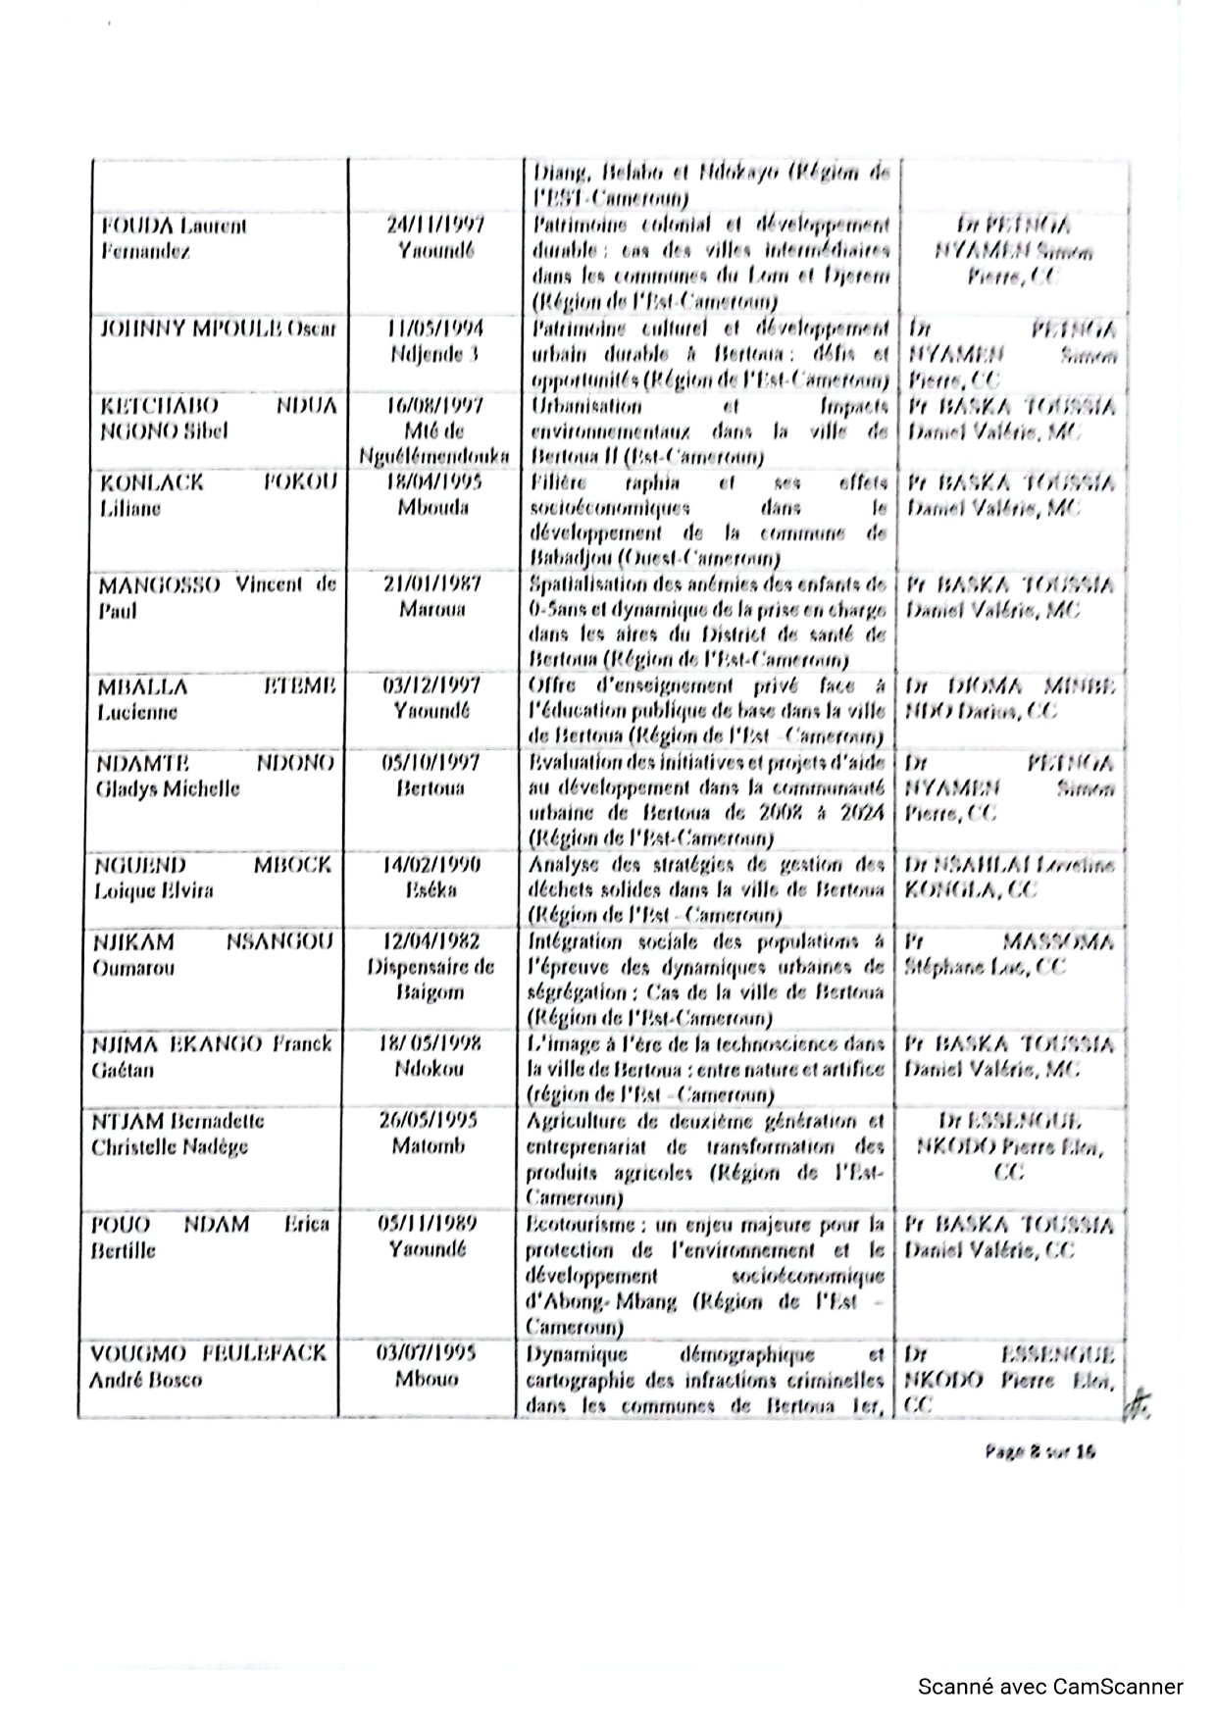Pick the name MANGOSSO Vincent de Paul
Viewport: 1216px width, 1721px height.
point(216,597)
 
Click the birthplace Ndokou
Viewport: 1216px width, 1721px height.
point(429,1069)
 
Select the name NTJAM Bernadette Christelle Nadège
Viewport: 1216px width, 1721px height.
point(177,1134)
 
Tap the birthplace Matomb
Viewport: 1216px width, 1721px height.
point(429,1146)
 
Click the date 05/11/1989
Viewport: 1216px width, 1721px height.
point(429,1224)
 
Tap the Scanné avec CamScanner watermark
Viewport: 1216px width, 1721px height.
point(1050,1687)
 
